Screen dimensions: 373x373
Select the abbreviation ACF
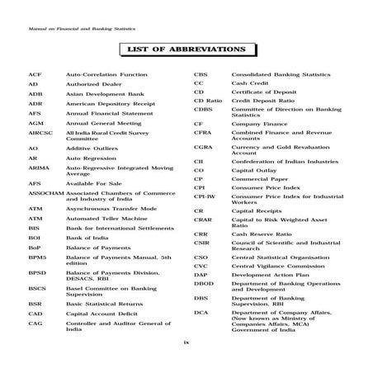pos(34,73)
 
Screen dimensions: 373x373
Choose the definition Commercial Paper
pos(259,178)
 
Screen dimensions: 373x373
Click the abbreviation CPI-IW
pos(205,197)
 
